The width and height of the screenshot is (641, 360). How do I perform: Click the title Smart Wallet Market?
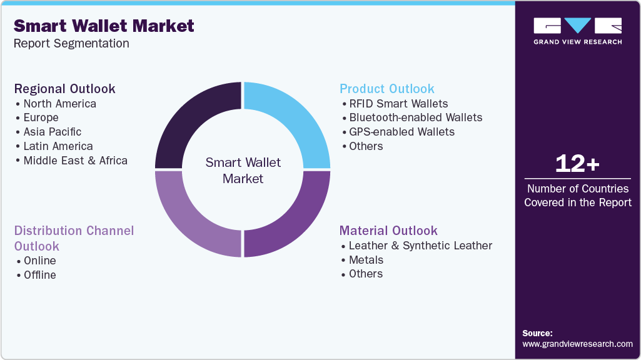[104, 26]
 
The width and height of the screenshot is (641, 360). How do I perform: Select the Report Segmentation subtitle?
[71, 43]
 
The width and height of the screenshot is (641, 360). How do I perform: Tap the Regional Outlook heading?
[65, 89]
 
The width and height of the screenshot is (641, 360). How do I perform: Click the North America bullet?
[60, 103]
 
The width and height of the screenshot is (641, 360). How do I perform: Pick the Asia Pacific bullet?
[53, 132]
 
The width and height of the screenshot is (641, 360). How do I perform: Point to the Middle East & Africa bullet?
[75, 161]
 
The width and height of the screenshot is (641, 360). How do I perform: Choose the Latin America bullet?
[58, 146]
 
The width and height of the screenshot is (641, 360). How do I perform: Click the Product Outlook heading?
[387, 89]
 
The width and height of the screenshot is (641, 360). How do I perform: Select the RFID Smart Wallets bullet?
[398, 103]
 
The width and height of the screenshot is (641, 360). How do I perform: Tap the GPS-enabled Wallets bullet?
[401, 132]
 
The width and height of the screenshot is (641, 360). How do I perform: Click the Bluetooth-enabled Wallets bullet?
[415, 117]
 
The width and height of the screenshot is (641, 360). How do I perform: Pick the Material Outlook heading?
[388, 231]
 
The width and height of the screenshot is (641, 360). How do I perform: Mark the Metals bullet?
[366, 259]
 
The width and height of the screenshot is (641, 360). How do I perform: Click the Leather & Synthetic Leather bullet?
[420, 245]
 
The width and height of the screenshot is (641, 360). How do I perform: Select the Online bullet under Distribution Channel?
[39, 261]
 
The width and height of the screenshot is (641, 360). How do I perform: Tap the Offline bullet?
[39, 275]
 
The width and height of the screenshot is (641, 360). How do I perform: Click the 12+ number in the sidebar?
[577, 164]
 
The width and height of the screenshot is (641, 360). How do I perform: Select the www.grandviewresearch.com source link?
[577, 344]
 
